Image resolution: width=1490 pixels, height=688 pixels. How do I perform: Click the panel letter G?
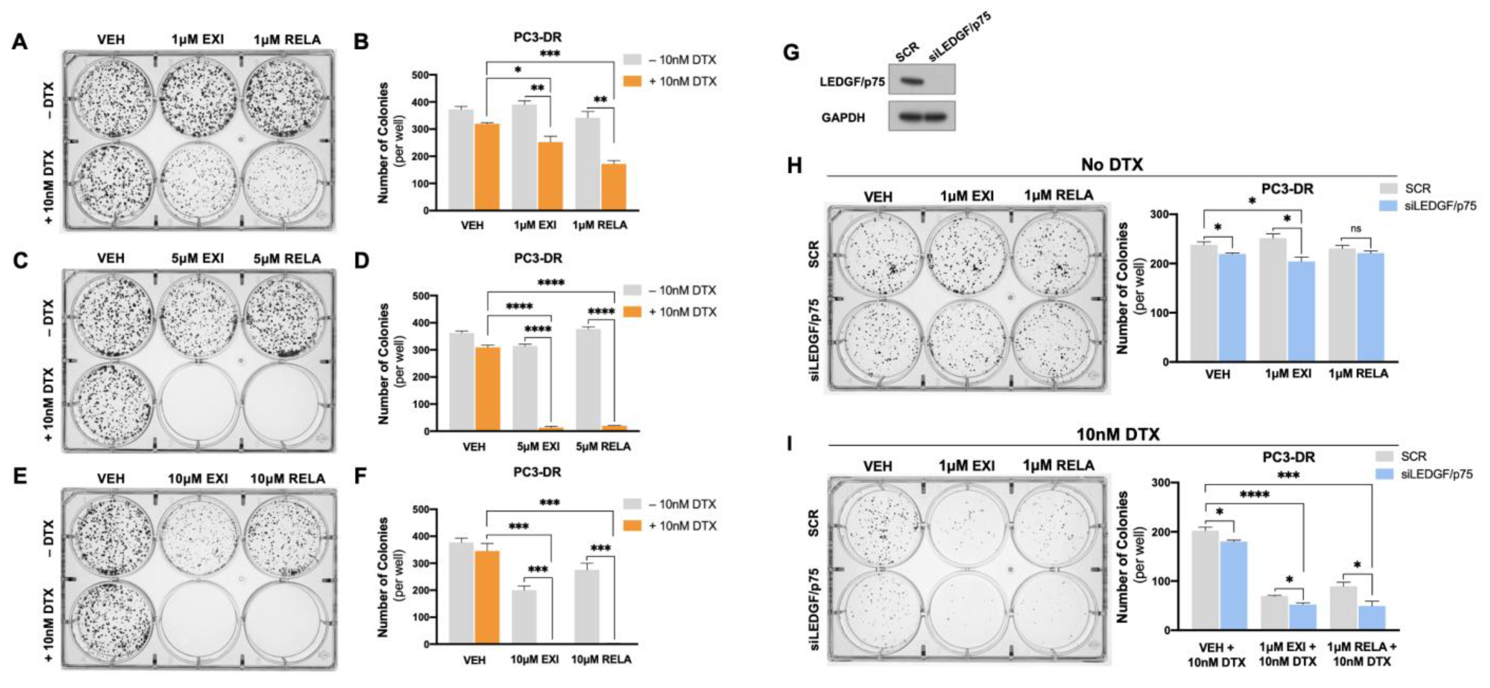[x=790, y=52]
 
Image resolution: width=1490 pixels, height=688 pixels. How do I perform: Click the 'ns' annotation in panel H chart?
[x=1356, y=229]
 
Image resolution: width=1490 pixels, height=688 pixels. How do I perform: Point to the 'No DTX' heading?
[x=1112, y=165]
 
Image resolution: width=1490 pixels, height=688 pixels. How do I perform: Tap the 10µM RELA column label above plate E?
[x=288, y=478]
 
